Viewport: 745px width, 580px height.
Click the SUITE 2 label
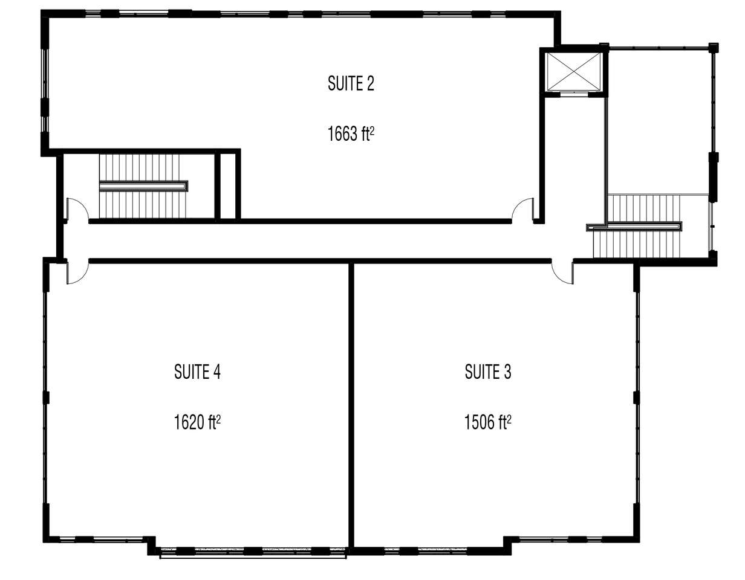click(x=351, y=83)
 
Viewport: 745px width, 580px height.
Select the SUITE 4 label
click(x=197, y=372)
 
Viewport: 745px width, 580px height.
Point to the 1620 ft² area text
click(x=197, y=422)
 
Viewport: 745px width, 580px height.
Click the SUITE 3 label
click(x=487, y=372)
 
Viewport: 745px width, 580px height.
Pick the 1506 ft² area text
click(x=487, y=422)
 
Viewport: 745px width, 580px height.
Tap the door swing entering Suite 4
click(x=77, y=272)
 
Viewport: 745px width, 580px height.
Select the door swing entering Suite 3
click(x=562, y=272)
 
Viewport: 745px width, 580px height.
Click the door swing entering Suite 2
click(x=522, y=210)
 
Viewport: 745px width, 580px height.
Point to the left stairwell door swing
click(x=77, y=210)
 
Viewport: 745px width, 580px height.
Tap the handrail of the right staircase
click(x=635, y=227)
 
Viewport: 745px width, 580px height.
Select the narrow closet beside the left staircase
click(x=228, y=185)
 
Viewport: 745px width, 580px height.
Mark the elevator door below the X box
click(x=573, y=94)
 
